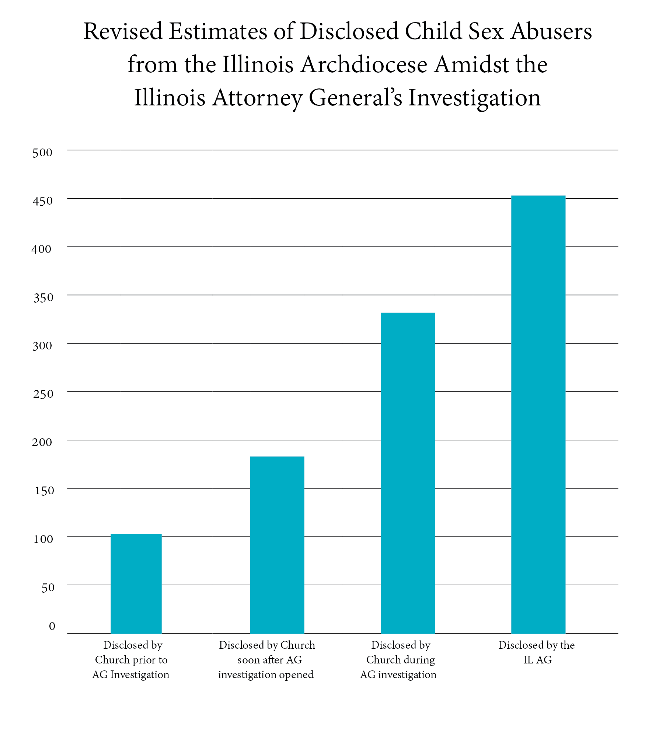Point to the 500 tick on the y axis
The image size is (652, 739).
(42, 153)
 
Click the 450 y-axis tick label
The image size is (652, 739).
(42, 201)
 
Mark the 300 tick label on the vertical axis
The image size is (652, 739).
(42, 346)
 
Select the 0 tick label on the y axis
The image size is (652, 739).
(52, 626)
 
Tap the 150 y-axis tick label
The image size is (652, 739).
(44, 491)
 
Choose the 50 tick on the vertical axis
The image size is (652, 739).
(48, 588)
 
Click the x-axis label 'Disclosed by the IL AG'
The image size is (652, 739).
(537, 652)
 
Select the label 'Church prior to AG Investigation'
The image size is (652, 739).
(131, 659)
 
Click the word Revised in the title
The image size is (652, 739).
(123, 31)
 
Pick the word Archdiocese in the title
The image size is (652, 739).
(364, 65)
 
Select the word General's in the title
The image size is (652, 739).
(355, 98)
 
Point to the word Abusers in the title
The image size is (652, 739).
(551, 31)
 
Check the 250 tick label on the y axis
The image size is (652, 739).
(43, 394)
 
